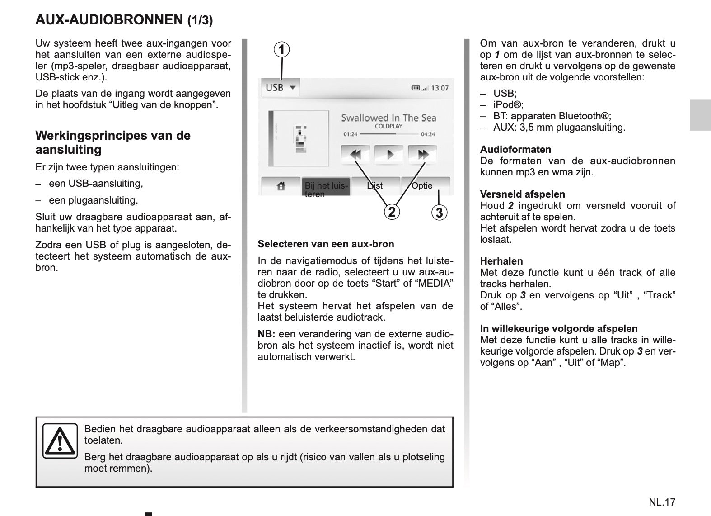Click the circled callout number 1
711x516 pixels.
(x=282, y=49)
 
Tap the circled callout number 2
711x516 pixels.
(x=392, y=212)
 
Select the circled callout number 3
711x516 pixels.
(x=439, y=212)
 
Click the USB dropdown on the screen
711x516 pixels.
(x=280, y=87)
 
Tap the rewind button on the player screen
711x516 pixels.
(x=355, y=155)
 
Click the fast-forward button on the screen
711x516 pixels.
(x=422, y=155)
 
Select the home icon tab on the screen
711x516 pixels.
(x=281, y=186)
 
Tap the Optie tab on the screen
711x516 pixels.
(x=422, y=185)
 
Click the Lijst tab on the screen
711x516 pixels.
(x=375, y=185)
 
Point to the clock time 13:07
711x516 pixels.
(x=440, y=88)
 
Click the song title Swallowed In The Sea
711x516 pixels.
(x=388, y=118)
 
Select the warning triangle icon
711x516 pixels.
(x=60, y=441)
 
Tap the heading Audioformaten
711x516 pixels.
(x=515, y=150)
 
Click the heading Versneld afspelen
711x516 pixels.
(x=522, y=194)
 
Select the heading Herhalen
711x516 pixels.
(x=501, y=261)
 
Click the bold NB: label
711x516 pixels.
(x=267, y=334)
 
